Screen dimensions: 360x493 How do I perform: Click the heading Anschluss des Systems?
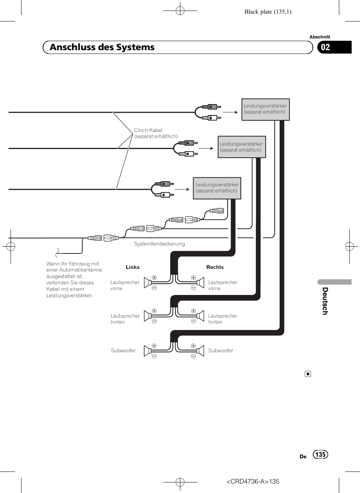[102, 47]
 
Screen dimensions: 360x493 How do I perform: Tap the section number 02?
[325, 47]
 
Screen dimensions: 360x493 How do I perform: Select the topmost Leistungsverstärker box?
[266, 110]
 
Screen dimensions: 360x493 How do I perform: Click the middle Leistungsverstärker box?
[242, 147]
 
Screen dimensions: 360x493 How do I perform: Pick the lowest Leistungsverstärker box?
[217, 188]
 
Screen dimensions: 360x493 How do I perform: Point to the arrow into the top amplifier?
[230, 112]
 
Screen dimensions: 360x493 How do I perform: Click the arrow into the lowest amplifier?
[182, 189]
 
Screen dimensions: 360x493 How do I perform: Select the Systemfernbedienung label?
[159, 244]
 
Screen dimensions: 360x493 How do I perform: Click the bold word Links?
[132, 267]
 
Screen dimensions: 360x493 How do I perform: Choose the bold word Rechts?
[215, 267]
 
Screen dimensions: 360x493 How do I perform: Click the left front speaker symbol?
[147, 283]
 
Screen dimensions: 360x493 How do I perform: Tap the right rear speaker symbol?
[200, 316]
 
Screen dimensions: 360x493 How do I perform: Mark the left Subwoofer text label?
[123, 350]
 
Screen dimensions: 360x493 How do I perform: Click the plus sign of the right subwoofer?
[193, 346]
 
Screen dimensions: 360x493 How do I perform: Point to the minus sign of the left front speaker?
[154, 288]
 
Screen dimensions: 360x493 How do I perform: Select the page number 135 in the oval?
[320, 454]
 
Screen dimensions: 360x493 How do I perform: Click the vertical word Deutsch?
[325, 301]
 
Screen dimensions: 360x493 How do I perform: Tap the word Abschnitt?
[320, 37]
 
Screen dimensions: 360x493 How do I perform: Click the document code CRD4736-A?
[248, 481]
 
